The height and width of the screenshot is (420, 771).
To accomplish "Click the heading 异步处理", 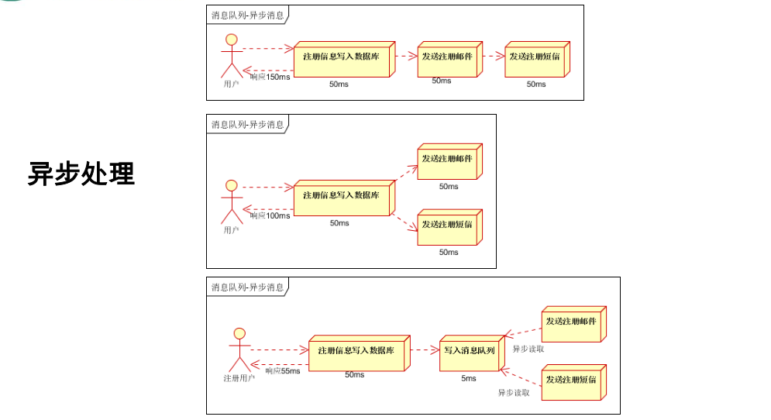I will click(81, 174).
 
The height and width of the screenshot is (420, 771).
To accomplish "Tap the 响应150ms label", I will click(270, 77).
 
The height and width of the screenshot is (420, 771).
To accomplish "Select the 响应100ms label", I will click(270, 215).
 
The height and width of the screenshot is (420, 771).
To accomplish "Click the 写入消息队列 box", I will click(469, 351).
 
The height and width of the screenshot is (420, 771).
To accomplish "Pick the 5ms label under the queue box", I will click(469, 378).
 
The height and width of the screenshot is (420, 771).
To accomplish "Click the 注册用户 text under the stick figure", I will click(239, 378).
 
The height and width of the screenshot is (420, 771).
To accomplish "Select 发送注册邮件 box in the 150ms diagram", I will click(447, 57).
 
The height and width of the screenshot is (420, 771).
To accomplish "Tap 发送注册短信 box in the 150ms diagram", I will click(535, 57).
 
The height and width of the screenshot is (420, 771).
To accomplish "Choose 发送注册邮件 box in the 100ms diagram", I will click(447, 160).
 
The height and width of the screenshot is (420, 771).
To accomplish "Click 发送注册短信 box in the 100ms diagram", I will click(447, 225).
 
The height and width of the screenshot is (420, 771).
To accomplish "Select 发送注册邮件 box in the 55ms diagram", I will click(571, 322).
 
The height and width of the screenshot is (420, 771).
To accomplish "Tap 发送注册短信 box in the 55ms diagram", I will click(571, 380).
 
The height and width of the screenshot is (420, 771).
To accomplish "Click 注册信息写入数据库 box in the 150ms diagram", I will click(342, 58).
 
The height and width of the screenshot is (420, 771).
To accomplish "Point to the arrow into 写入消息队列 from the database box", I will click(424, 350).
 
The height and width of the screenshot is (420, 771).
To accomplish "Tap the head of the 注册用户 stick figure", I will click(239, 334).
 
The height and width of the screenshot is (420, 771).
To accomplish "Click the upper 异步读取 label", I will click(528, 349).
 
